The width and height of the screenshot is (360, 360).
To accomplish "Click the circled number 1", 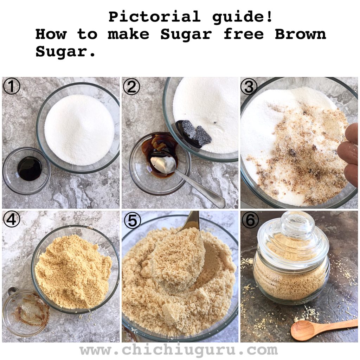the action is pyautogui.click(x=12, y=86).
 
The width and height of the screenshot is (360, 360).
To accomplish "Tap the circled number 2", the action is pyautogui.click(x=131, y=86).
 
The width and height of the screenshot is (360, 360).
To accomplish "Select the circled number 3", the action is pyautogui.click(x=249, y=87).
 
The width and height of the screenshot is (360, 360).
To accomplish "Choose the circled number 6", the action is pyautogui.click(x=250, y=220).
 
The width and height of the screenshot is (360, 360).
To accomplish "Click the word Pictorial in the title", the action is pyautogui.click(x=154, y=17).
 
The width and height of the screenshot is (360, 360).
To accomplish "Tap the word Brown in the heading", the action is pyautogui.click(x=300, y=34).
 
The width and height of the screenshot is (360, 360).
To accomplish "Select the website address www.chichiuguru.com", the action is pyautogui.click(x=179, y=350).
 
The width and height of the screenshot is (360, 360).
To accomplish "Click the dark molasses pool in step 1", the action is pyautogui.click(x=30, y=168).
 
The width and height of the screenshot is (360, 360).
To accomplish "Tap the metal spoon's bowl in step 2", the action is pyautogui.click(x=163, y=165).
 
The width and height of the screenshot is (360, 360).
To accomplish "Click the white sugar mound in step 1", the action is pyautogui.click(x=79, y=130).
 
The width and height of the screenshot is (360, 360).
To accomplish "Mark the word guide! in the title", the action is pyautogui.click(x=243, y=17).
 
